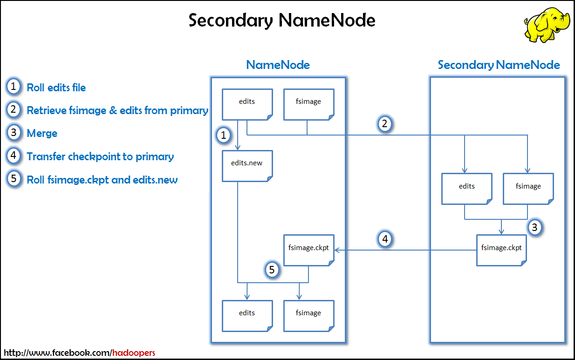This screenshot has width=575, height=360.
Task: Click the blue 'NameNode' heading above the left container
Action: click(278, 65)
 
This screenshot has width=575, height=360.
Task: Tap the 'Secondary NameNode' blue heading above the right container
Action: click(499, 65)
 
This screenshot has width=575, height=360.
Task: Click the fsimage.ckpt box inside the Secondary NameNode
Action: click(501, 249)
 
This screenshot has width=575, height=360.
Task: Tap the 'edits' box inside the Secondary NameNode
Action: click(466, 188)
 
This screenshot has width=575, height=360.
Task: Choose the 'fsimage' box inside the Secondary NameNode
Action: click(528, 188)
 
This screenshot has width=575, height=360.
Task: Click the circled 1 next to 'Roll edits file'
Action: click(14, 87)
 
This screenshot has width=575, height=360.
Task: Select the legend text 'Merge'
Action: click(42, 134)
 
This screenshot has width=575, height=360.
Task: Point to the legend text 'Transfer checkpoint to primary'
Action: click(100, 157)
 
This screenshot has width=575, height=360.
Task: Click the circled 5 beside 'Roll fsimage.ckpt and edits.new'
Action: click(14, 179)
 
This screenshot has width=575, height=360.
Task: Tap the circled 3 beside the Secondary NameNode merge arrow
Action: click(534, 228)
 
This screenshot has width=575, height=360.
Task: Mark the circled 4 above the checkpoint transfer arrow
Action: click(385, 239)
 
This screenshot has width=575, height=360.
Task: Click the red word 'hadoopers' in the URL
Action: click(133, 353)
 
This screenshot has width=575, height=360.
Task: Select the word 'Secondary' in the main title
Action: click(231, 20)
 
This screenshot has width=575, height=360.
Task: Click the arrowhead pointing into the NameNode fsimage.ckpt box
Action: click(337, 250)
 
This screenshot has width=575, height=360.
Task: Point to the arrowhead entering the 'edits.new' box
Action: click(238, 147)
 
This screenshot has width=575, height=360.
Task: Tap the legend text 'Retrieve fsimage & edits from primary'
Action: click(117, 110)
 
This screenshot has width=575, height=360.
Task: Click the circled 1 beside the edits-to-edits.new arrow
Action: click(224, 136)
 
